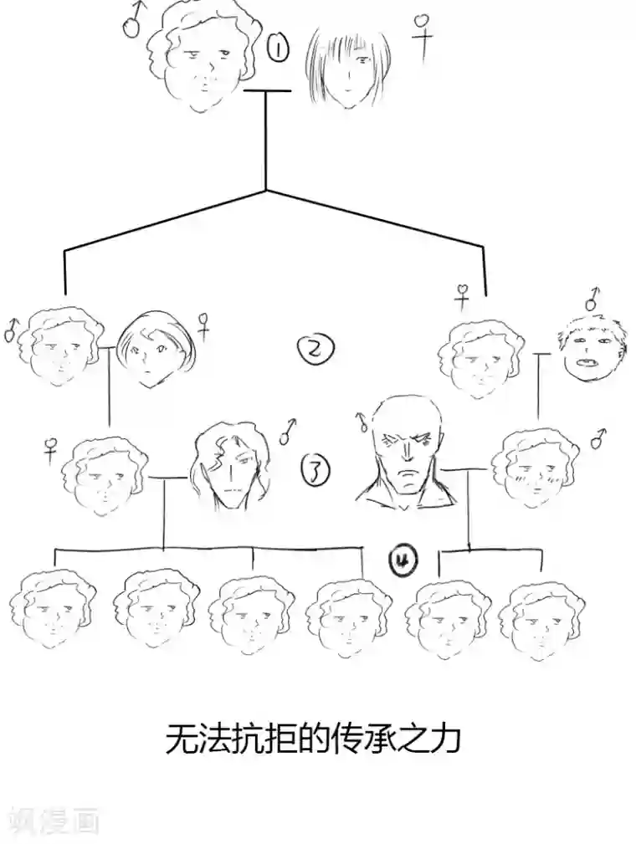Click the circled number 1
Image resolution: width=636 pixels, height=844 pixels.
[x=277, y=50]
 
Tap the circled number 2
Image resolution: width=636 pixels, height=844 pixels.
[x=315, y=350]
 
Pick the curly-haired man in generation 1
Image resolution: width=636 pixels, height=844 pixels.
[x=203, y=57]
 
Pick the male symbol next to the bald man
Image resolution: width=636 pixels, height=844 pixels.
[x=362, y=420]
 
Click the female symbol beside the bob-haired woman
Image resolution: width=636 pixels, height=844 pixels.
[x=203, y=325]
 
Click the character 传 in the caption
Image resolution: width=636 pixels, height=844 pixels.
[x=341, y=739]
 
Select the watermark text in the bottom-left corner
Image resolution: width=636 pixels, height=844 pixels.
[x=52, y=821]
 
